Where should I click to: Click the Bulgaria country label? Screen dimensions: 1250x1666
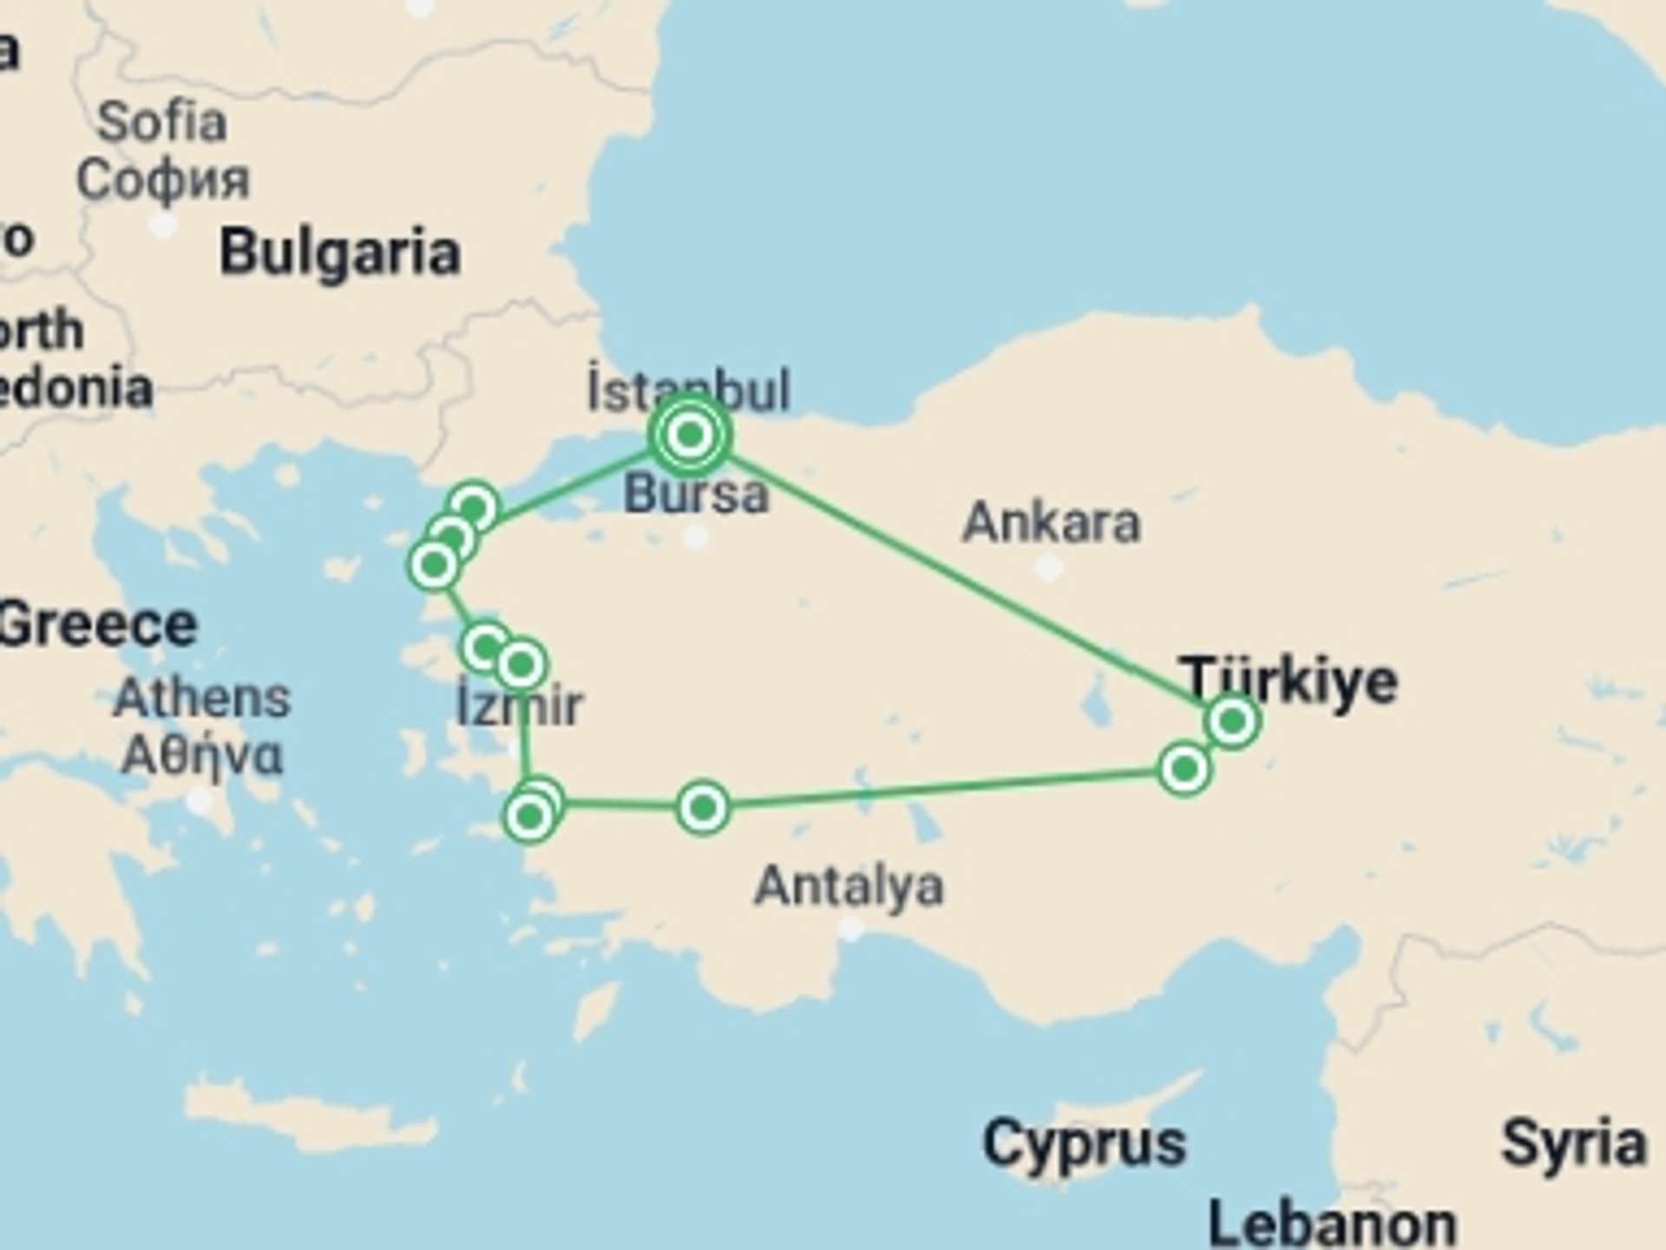(339, 253)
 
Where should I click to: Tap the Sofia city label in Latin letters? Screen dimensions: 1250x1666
(161, 122)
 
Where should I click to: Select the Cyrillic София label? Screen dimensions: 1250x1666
(162, 180)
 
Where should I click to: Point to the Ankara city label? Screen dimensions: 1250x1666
(1051, 523)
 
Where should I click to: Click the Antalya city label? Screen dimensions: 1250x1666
(849, 886)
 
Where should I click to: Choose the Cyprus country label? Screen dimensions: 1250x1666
(1084, 1143)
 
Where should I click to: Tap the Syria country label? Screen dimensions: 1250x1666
(1572, 1143)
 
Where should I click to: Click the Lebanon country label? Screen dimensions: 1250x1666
(1332, 1224)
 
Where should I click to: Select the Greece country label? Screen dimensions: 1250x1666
(97, 625)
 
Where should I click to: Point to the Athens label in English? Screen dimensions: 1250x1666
(201, 698)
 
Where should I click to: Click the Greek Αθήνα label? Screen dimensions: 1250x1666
(201, 755)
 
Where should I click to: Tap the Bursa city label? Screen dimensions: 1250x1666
(696, 494)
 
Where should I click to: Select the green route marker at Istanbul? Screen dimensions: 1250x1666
(691, 434)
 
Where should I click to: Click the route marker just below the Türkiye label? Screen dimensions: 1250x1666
(1232, 720)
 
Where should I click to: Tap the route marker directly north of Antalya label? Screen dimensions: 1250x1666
(703, 808)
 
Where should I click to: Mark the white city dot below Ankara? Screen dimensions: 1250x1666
(1049, 569)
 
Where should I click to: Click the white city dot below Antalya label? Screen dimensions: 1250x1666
(852, 930)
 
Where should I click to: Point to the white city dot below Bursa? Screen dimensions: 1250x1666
(695, 537)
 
